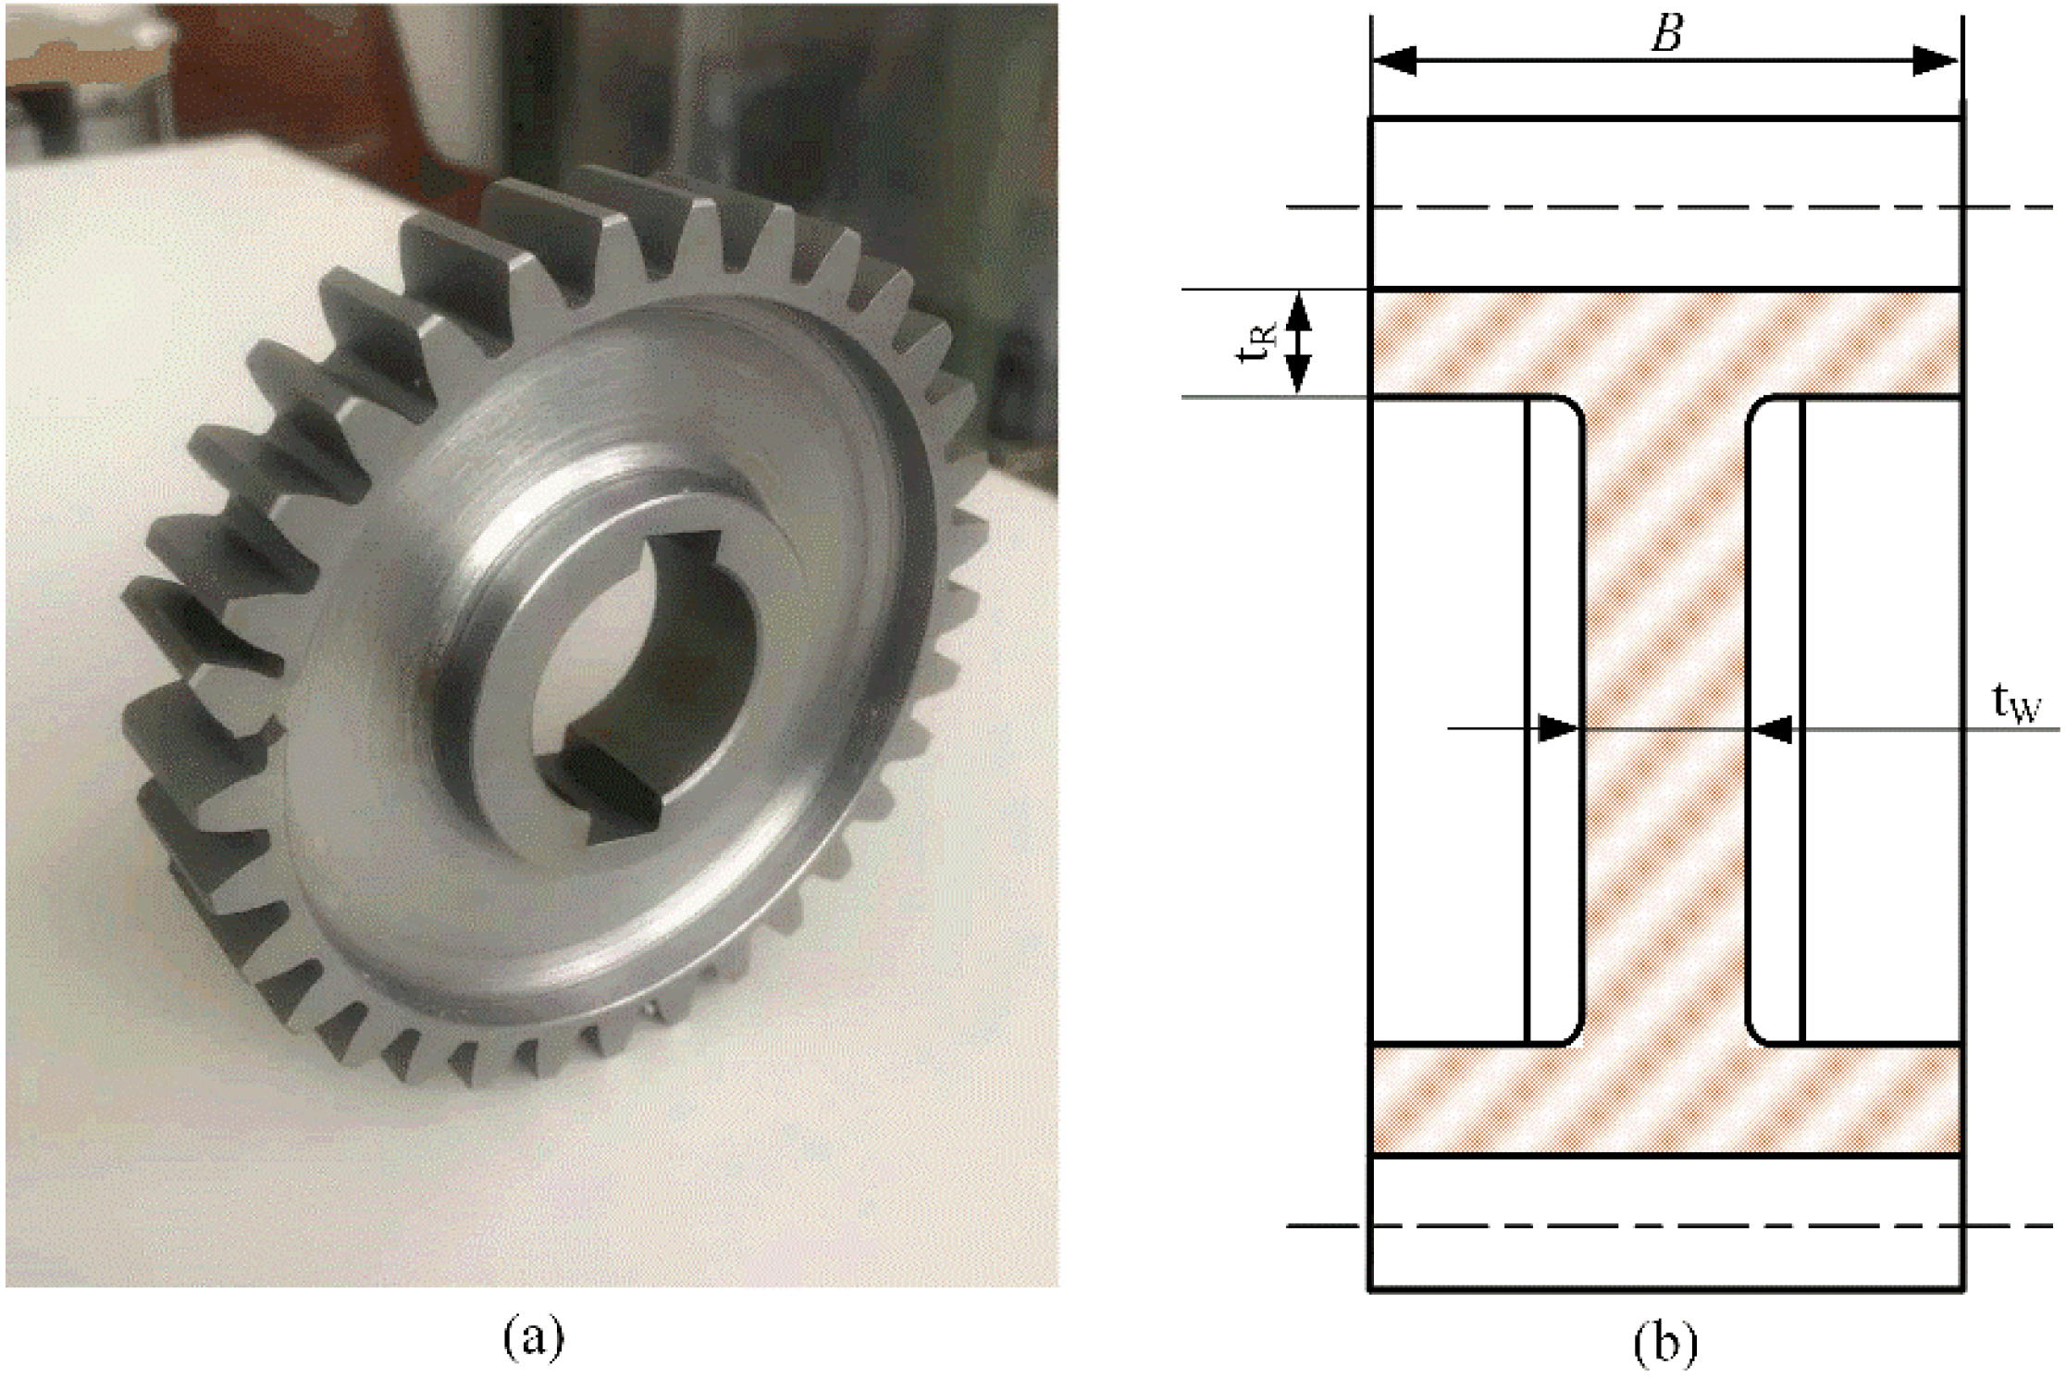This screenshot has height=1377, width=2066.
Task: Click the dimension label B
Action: (x=1665, y=34)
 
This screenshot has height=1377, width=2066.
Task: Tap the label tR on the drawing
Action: (x=1256, y=342)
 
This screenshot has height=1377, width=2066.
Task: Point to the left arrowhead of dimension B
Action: (x=1395, y=62)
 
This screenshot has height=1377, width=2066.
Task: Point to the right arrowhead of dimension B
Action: (x=1936, y=62)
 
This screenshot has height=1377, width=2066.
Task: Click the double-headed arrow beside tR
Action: (x=1299, y=342)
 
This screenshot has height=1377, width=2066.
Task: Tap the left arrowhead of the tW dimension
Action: (x=1558, y=728)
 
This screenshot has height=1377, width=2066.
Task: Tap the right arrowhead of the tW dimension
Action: (x=1772, y=728)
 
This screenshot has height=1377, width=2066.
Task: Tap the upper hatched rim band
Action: (x=1665, y=342)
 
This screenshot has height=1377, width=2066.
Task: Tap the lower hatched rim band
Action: (x=1665, y=1099)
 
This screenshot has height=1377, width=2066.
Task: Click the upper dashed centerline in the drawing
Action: (x=1665, y=207)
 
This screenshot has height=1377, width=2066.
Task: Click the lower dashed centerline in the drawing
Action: (x=1665, y=1226)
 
